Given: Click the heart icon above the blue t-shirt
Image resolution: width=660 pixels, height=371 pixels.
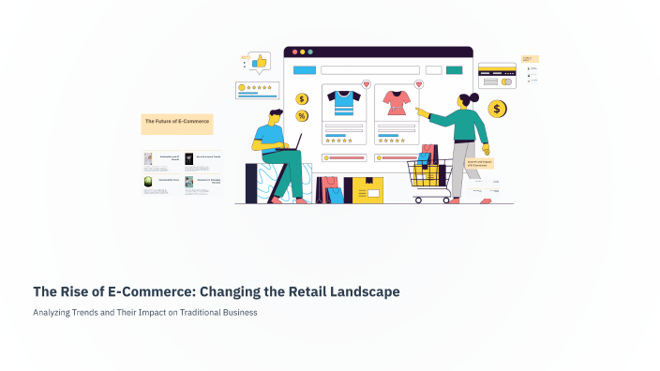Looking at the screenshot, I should (x=366, y=84).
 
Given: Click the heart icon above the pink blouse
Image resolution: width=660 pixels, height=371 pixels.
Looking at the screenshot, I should (x=418, y=84).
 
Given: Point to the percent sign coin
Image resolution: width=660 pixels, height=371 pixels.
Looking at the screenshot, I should (x=302, y=116).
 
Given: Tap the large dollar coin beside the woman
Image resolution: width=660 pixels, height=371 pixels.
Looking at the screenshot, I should (x=498, y=110).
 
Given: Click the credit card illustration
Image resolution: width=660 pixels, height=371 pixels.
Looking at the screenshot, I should (x=496, y=75).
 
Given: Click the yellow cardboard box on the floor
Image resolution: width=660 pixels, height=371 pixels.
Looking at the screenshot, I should (x=368, y=191).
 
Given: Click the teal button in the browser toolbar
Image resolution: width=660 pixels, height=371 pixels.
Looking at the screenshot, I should (x=455, y=70).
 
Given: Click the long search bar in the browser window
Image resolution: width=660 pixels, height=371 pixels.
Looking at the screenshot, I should (x=368, y=70).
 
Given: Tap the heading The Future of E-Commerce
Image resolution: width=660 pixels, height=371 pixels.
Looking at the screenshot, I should (x=177, y=120).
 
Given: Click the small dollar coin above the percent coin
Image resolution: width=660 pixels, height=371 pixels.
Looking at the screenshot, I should (x=302, y=98).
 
